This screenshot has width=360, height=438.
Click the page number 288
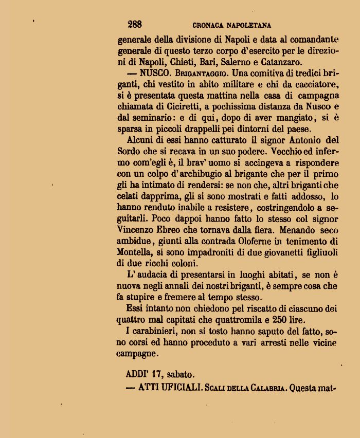[135, 24]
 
